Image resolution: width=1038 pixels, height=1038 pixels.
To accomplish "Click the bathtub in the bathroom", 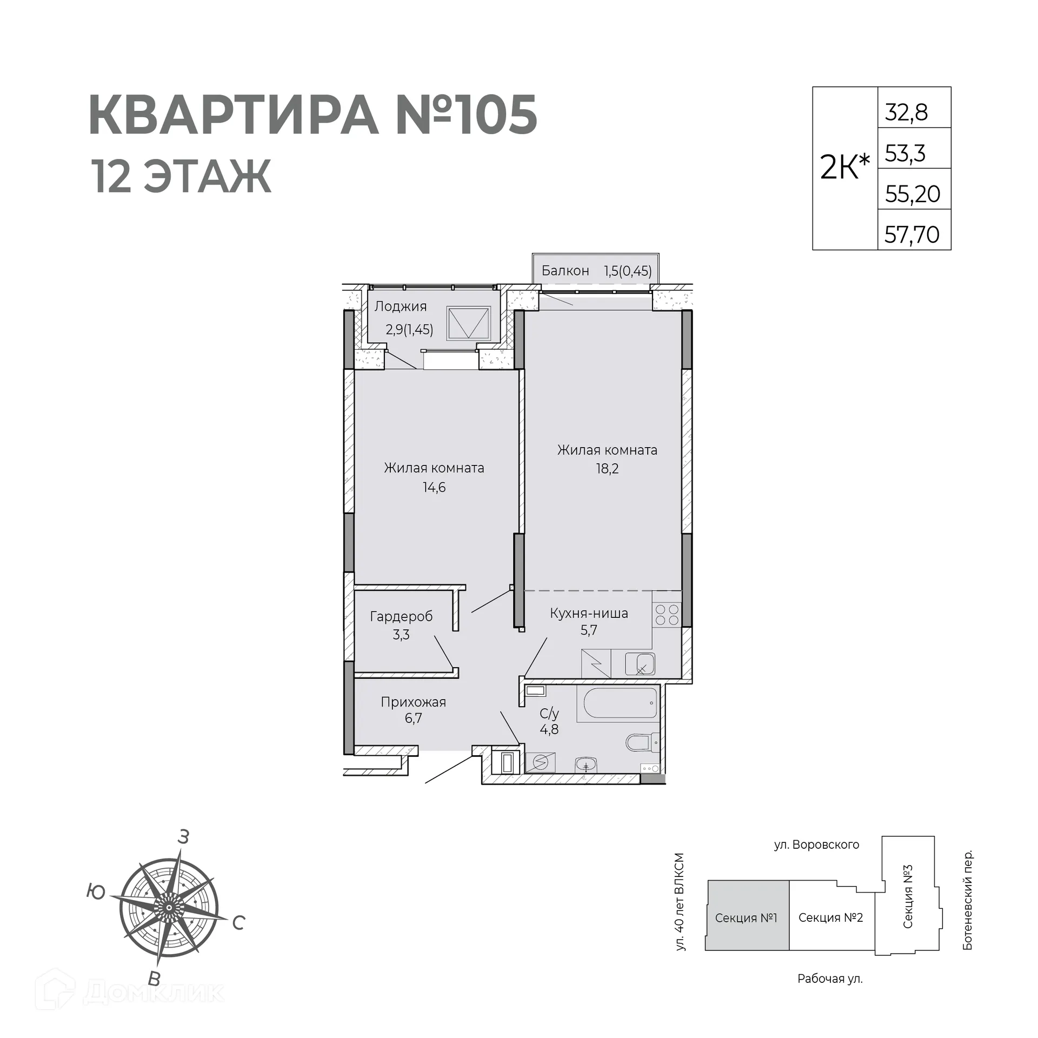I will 618,703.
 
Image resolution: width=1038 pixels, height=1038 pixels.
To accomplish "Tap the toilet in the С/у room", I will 642,742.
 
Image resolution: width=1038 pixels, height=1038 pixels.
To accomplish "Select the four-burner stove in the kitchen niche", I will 667,615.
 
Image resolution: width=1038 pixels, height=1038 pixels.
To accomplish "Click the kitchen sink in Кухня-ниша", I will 640,664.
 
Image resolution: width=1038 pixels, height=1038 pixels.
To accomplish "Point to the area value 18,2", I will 607,469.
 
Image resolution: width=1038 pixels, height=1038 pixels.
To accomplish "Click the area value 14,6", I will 434,488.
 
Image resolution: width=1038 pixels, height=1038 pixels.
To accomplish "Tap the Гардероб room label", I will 401,616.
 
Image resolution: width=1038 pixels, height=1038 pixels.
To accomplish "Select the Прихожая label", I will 413,702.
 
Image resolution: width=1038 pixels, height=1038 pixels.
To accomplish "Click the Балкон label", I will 565,270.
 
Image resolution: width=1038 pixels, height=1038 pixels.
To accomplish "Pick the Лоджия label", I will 401,307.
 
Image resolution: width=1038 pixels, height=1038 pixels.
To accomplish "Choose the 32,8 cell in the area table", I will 907,112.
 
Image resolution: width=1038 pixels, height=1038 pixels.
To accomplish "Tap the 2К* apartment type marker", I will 844,167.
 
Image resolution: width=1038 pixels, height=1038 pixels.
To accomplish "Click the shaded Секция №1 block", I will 747,918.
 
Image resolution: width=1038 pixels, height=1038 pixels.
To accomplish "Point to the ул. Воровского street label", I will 816,844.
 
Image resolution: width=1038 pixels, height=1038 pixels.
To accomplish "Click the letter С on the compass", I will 239,923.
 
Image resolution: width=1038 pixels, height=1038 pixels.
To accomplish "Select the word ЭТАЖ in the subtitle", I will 207,177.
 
